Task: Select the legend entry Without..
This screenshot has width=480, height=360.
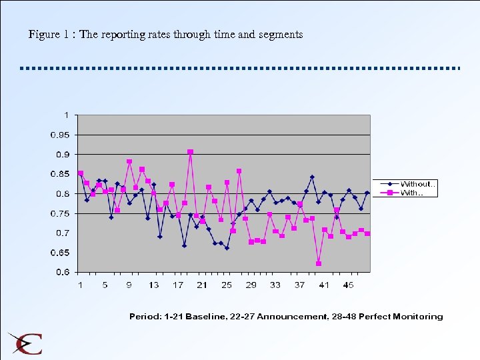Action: click(417, 184)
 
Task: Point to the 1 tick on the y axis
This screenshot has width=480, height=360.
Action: click(66, 115)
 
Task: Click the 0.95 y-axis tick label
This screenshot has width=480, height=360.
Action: click(60, 135)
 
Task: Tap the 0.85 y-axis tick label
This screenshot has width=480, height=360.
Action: click(60, 175)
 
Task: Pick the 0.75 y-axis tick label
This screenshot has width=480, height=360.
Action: click(60, 214)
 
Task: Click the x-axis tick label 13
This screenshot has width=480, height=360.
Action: click(153, 285)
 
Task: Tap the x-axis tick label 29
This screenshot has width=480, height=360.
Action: click(251, 285)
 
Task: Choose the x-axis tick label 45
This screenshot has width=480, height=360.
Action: click(349, 285)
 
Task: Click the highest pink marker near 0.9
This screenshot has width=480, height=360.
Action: click(191, 152)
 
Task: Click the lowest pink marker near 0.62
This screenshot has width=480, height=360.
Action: click(319, 264)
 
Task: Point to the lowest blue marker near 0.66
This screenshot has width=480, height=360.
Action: click(227, 248)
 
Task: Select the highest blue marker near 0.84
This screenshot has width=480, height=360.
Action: click(312, 177)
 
